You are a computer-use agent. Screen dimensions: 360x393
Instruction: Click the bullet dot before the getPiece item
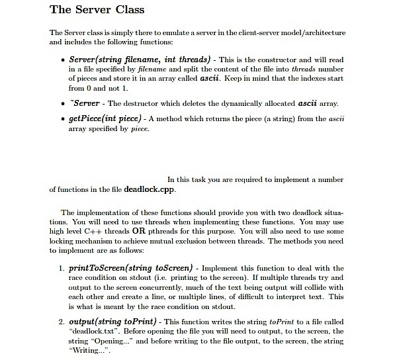[62, 120]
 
